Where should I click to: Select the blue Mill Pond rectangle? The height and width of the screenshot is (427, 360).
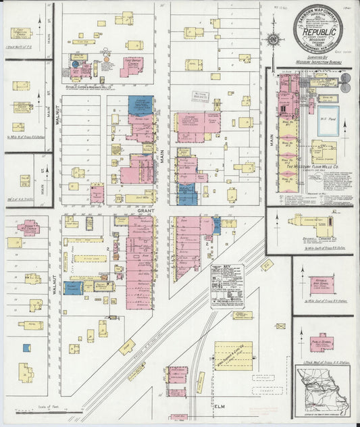[328, 121]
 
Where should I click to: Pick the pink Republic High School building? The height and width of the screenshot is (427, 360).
[322, 284]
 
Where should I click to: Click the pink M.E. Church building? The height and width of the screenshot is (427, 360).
[28, 228]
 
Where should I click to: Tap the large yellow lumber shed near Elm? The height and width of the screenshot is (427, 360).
[233, 356]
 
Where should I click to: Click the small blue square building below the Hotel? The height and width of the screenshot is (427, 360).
[27, 348]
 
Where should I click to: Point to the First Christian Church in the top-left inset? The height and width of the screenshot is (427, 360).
[20, 32]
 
